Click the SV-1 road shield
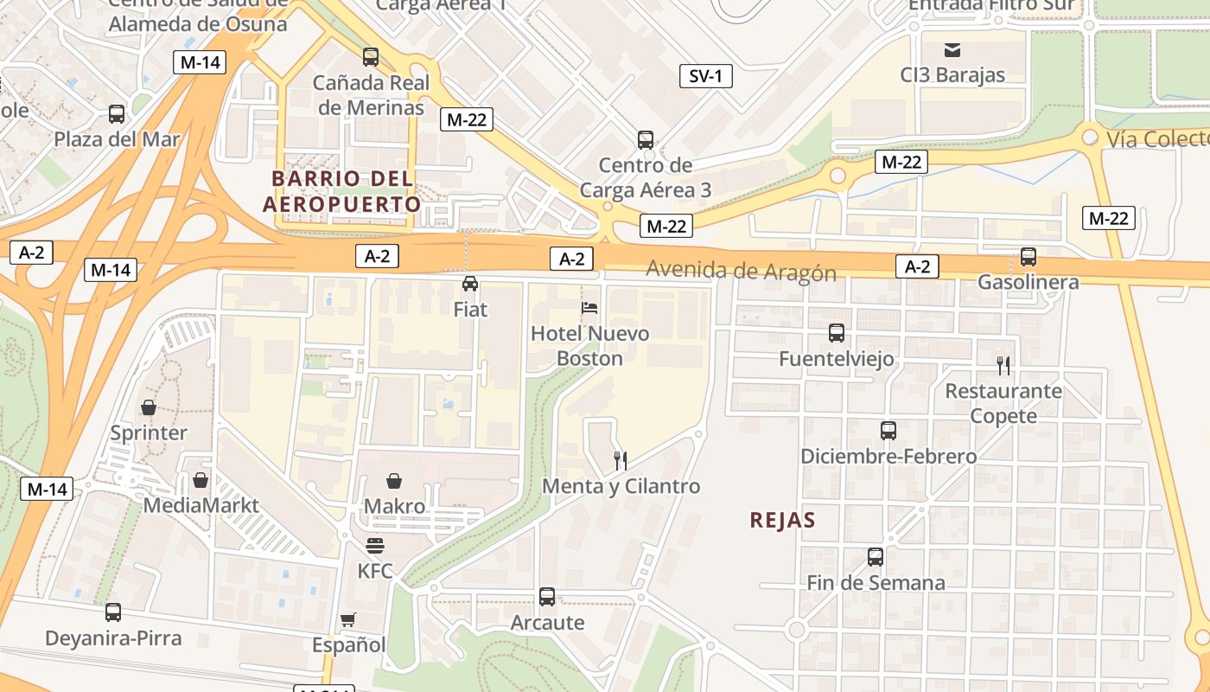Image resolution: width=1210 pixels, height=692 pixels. [x=705, y=76]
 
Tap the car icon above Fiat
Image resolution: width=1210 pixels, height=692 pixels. [x=470, y=284]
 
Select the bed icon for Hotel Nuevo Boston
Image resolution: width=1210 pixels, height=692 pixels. [x=589, y=308]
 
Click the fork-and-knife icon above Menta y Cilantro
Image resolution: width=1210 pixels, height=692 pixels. [x=619, y=460]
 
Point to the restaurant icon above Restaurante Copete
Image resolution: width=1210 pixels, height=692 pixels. [x=1003, y=365]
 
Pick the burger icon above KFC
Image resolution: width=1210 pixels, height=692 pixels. [x=375, y=546]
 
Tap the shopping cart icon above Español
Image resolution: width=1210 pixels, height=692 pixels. [x=348, y=619]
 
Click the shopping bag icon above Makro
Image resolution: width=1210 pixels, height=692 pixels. [x=394, y=481]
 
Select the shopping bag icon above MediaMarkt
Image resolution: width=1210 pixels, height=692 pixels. [x=201, y=479]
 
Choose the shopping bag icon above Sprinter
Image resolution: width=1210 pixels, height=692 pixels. [x=149, y=407]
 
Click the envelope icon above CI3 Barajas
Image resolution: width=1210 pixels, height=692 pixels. [x=952, y=49]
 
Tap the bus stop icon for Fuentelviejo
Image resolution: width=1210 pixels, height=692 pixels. [x=836, y=333]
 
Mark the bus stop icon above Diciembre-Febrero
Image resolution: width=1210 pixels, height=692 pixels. [x=888, y=431]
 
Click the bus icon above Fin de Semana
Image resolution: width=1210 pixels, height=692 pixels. [x=876, y=557]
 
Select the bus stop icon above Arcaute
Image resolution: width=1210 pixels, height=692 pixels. [x=547, y=597]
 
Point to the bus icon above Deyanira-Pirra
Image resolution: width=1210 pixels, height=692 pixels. [x=113, y=612]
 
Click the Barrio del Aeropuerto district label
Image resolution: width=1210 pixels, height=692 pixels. [x=342, y=191]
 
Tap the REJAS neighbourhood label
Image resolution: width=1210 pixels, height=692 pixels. [x=783, y=520]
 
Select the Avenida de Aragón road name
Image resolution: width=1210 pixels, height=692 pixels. [x=741, y=272]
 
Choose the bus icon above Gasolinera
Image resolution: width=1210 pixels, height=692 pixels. [x=1028, y=257]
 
